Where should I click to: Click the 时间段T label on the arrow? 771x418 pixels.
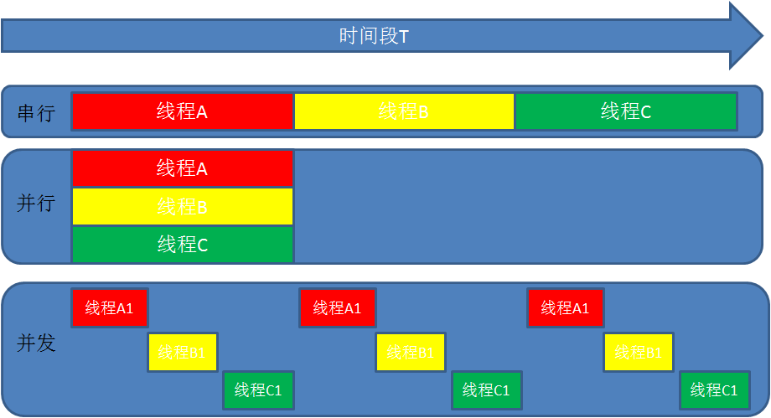(374, 37)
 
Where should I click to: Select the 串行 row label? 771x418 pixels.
(36, 112)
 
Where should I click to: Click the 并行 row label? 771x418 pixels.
(36, 204)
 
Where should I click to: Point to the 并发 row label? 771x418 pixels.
(36, 343)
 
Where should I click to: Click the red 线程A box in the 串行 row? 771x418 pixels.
(183, 111)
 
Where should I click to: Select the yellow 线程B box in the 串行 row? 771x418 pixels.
(404, 111)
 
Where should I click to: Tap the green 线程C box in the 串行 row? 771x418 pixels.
(625, 111)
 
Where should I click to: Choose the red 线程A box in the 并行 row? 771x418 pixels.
(183, 168)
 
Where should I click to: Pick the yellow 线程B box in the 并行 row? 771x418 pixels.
(183, 206)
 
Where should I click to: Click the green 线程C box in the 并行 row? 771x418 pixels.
(183, 245)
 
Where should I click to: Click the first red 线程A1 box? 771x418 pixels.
(110, 307)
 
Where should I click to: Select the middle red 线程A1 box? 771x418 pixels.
(338, 307)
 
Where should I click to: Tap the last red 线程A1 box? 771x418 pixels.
(566, 307)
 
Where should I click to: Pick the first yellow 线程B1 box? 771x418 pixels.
(183, 352)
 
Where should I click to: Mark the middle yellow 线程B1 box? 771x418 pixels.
(411, 352)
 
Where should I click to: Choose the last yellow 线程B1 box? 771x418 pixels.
(639, 352)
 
